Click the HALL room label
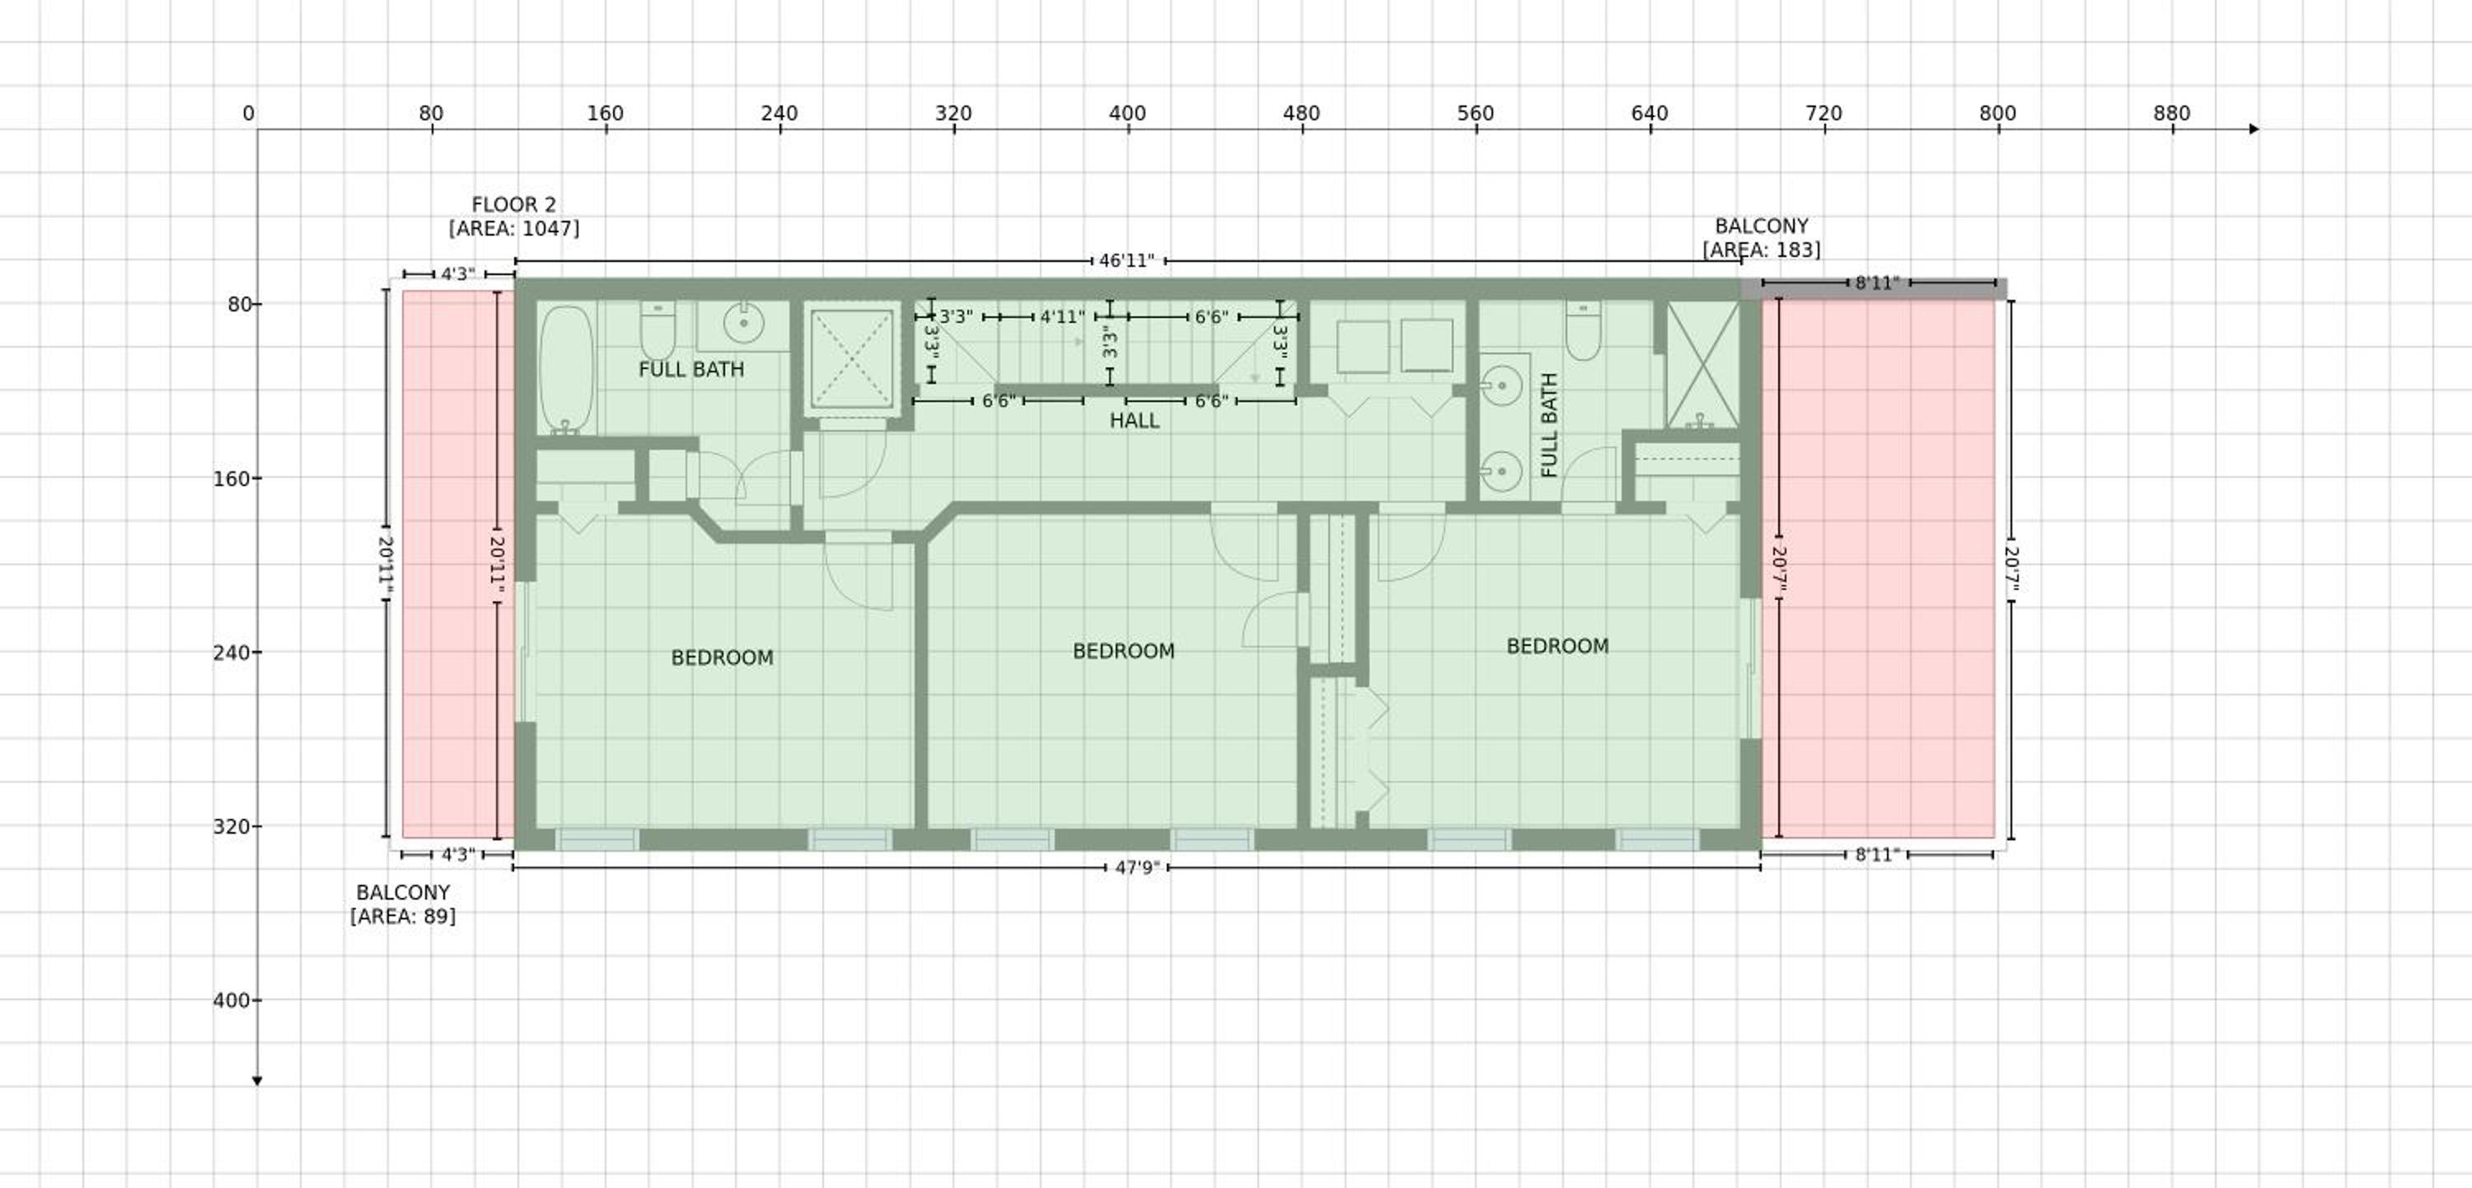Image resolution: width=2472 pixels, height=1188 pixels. coord(1135,420)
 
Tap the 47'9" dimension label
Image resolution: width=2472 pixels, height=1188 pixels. coord(1137,868)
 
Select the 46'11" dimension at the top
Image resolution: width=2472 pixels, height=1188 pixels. coord(1126,261)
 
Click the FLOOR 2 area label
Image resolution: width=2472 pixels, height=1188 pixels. coord(513,216)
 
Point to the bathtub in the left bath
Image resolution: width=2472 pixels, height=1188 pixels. coord(566,369)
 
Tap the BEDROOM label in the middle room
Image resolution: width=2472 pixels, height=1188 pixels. coord(1124,651)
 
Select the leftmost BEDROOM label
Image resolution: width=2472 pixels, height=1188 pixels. coord(722,657)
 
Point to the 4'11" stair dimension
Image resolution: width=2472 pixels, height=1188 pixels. coord(1062,316)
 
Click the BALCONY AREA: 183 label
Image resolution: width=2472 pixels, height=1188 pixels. coord(1761,238)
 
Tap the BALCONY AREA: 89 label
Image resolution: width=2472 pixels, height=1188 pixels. coord(403,904)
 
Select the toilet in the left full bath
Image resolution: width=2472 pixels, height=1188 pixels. coord(658,330)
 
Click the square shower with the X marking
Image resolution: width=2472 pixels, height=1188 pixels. coord(852,357)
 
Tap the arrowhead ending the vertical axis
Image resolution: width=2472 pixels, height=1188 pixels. coord(257,1082)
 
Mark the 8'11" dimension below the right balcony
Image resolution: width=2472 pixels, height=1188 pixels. coord(1877,854)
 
